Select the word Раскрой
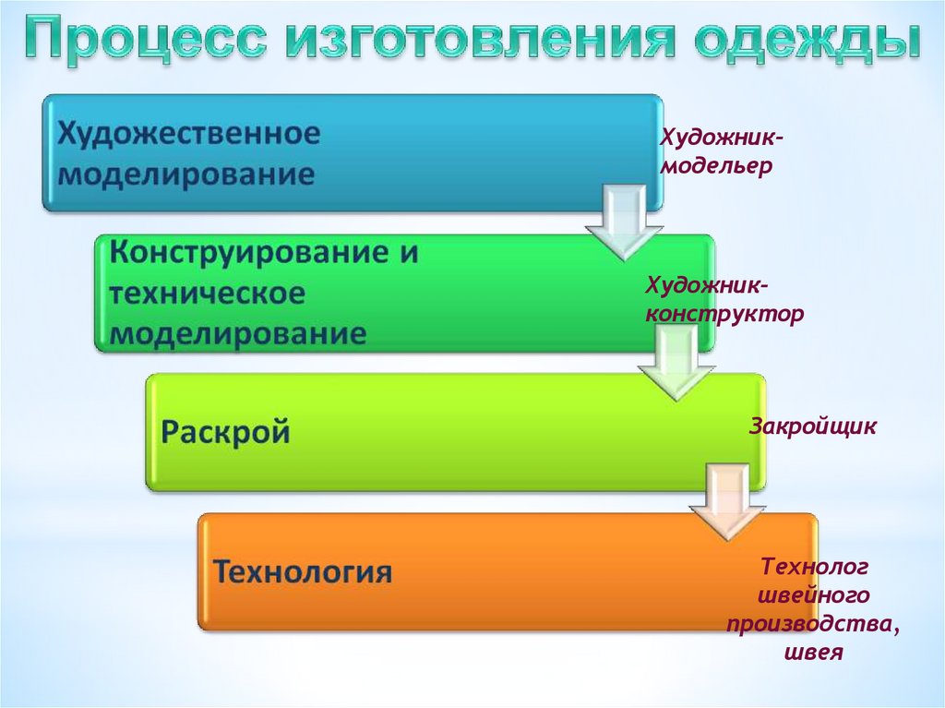tap(226, 431)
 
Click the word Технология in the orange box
tap(304, 570)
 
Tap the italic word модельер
tap(714, 168)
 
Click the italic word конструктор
tap(724, 312)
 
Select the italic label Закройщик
tap(812, 427)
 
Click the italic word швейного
tap(814, 594)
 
